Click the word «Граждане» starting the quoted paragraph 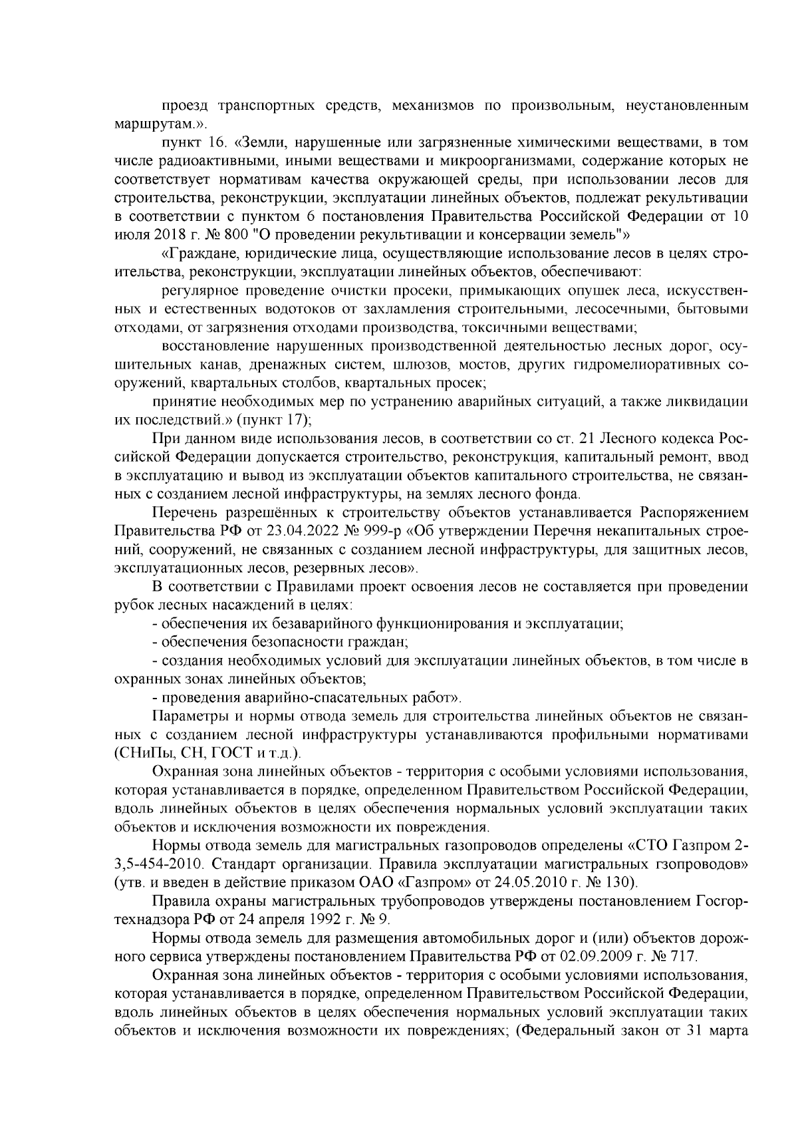pyautogui.click(x=198, y=254)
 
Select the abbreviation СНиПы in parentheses pyautogui.click(x=139, y=754)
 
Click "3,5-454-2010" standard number pyautogui.click(x=156, y=864)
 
